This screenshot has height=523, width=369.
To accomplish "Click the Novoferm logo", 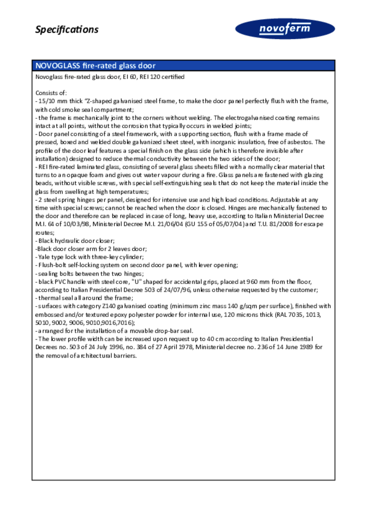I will click(x=285, y=29).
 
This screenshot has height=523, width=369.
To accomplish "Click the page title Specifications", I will click(x=67, y=30).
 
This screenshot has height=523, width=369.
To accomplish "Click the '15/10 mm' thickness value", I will click(x=52, y=101).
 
